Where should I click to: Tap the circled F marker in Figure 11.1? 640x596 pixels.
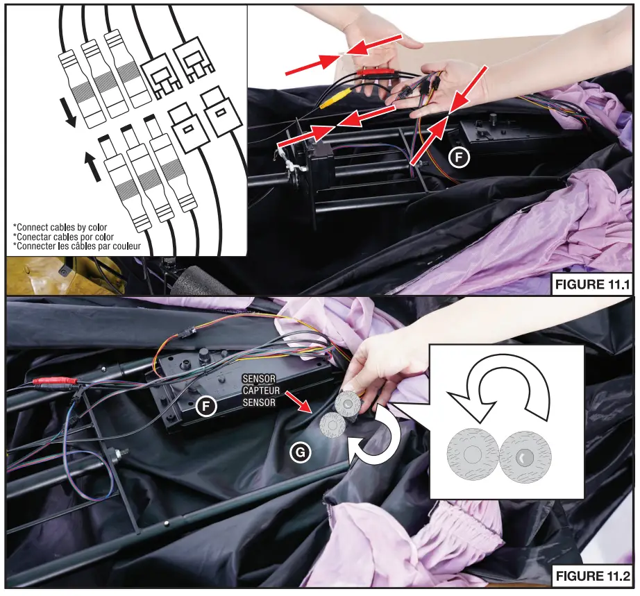pyautogui.click(x=457, y=158)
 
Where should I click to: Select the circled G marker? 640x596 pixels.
pyautogui.click(x=300, y=452)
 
